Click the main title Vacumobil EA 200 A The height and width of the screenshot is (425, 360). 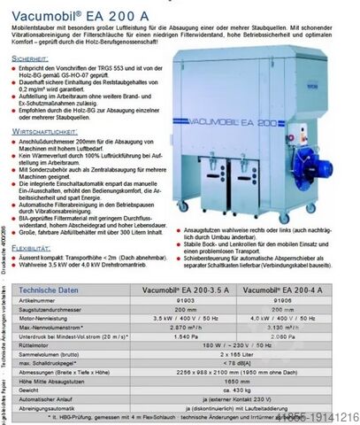pyautogui.click(x=65, y=10)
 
